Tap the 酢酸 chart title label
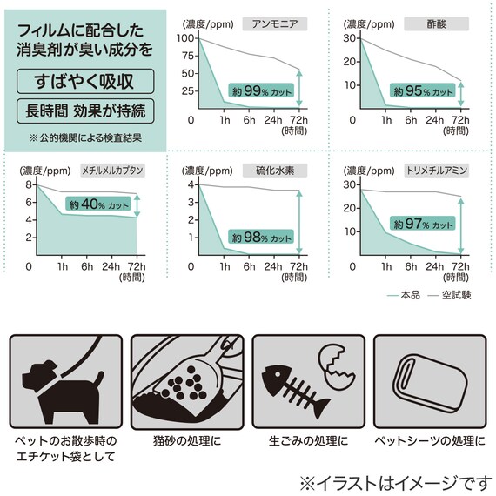click(x=437, y=23)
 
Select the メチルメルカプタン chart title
click(x=112, y=171)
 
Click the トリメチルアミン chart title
click(x=437, y=171)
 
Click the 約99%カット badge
click(x=260, y=90)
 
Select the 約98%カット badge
click(x=260, y=236)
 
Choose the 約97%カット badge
click(x=423, y=224)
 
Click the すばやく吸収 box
click(x=85, y=82)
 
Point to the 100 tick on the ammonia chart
click(x=186, y=38)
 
